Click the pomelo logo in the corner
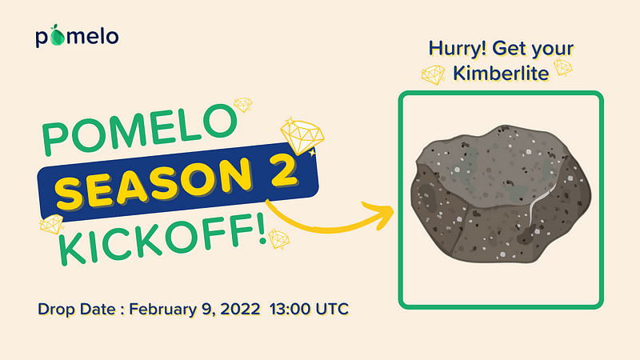click(x=77, y=36)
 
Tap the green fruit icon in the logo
click(x=57, y=35)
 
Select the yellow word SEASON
click(x=154, y=184)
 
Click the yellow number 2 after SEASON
click(x=278, y=170)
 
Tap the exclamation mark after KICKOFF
click(x=262, y=230)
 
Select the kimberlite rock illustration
click(x=502, y=194)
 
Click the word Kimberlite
click(x=501, y=74)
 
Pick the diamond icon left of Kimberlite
click(x=433, y=74)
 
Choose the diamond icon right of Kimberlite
click(x=563, y=67)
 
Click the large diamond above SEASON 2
click(x=302, y=136)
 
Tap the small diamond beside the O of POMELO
click(x=243, y=105)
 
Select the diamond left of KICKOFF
click(x=52, y=224)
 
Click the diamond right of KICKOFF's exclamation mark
click(x=279, y=239)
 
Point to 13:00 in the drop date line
click(x=290, y=309)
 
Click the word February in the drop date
click(x=163, y=310)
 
